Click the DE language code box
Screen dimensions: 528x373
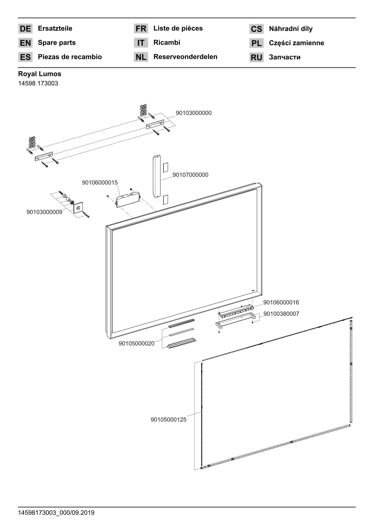[25, 29]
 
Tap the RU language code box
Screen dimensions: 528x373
[256, 57]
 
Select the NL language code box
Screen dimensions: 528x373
[141, 57]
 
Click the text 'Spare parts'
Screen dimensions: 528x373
[57, 43]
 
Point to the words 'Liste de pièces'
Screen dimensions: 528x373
[178, 29]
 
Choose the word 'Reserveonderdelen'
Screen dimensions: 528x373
[185, 57]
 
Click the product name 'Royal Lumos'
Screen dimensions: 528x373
[39, 74]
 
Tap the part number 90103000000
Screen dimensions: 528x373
[194, 113]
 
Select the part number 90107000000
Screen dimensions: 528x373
[190, 175]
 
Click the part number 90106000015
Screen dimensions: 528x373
[100, 183]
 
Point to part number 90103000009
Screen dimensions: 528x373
[44, 212]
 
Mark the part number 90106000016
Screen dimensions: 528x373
[281, 303]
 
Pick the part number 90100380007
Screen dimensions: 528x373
[281, 314]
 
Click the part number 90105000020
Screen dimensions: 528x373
[136, 343]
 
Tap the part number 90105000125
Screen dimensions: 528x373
[168, 420]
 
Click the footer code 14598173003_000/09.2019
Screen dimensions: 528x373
[56, 513]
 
